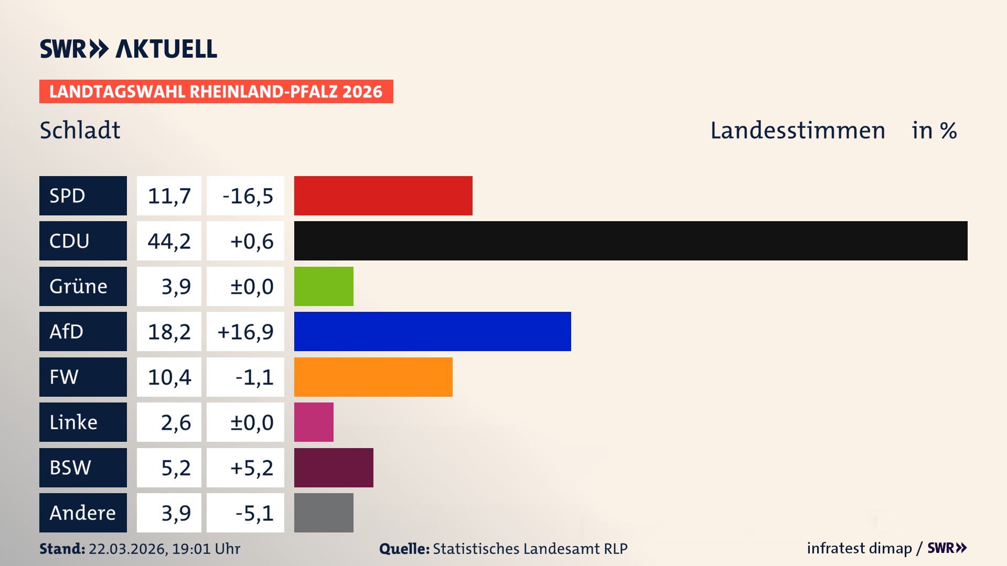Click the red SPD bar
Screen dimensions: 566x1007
coord(383,195)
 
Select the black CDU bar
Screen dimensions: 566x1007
coord(630,241)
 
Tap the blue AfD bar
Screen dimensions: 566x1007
coord(432,331)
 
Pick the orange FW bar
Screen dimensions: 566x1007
coord(373,377)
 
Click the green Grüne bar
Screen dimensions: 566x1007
coord(324,286)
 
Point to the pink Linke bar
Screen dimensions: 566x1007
coord(314,422)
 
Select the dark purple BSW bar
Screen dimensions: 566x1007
coord(334,467)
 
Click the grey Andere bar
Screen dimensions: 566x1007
coord(324,513)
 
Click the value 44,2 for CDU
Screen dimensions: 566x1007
coord(169,241)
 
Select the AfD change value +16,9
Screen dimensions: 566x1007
coord(245,332)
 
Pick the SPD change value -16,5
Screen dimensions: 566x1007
coord(248,196)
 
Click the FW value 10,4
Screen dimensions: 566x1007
coord(169,377)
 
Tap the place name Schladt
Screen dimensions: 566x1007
coord(80,130)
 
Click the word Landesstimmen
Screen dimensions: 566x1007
coord(797,130)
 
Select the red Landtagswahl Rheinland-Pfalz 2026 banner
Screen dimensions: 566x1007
coord(216,91)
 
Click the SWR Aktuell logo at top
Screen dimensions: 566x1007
coord(128,49)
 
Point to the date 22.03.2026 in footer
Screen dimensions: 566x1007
coord(127,549)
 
